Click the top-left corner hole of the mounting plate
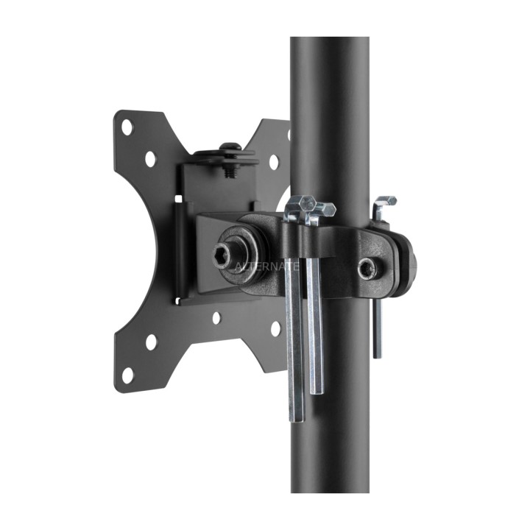(x=127, y=127)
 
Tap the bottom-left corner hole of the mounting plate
(x=127, y=375)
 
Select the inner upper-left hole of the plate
(x=150, y=159)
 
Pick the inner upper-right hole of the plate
(x=274, y=162)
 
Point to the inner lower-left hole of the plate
(x=151, y=342)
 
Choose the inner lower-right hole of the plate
(x=275, y=329)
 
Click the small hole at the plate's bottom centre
(x=216, y=318)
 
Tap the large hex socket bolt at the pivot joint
(x=222, y=255)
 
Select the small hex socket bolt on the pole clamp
(x=368, y=269)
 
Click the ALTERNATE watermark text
(x=266, y=266)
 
